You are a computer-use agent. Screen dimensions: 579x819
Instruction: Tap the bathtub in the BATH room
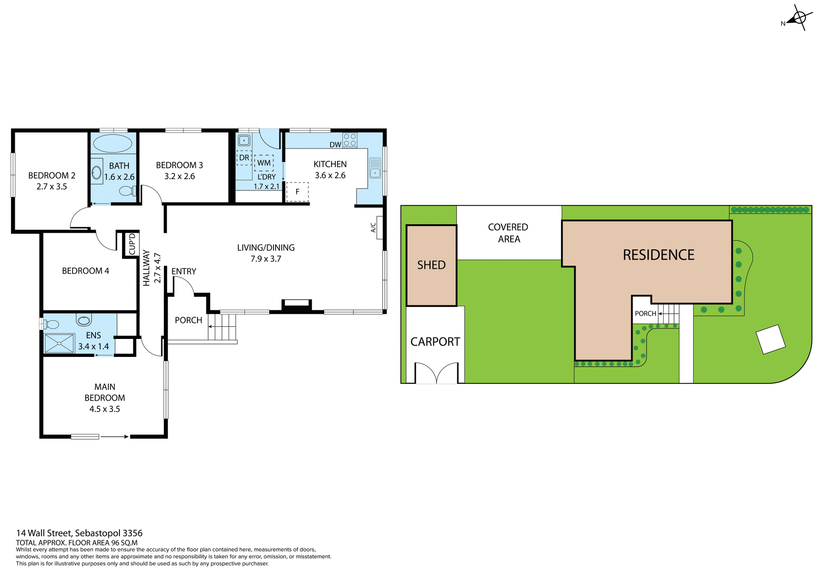coord(113,143)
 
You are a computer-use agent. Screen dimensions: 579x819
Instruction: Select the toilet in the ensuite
coord(51,324)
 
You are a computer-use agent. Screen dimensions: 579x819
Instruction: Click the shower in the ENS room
coord(59,343)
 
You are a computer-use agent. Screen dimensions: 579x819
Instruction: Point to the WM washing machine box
coord(264,163)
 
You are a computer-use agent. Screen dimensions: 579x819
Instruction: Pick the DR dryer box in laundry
coord(244,158)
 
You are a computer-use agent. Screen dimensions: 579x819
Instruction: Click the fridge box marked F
coord(297,192)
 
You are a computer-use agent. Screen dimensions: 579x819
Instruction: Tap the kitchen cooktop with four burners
coord(350,140)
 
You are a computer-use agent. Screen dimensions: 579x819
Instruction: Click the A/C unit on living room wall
coord(379,228)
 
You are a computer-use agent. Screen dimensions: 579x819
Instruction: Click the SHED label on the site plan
coord(431,265)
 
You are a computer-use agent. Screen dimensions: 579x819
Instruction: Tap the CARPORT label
coord(435,342)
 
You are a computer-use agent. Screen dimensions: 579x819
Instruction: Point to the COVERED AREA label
coord(508,233)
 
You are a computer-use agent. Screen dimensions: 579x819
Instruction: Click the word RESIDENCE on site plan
coord(658,255)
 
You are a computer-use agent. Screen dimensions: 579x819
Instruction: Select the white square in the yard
coord(770,339)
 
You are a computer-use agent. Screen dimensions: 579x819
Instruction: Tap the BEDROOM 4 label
coord(85,271)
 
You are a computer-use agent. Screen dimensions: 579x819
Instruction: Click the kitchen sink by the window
coord(375,168)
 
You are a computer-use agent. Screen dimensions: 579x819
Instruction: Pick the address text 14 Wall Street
coord(79,533)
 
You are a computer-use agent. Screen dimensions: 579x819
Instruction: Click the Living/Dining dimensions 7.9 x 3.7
coord(266,259)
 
